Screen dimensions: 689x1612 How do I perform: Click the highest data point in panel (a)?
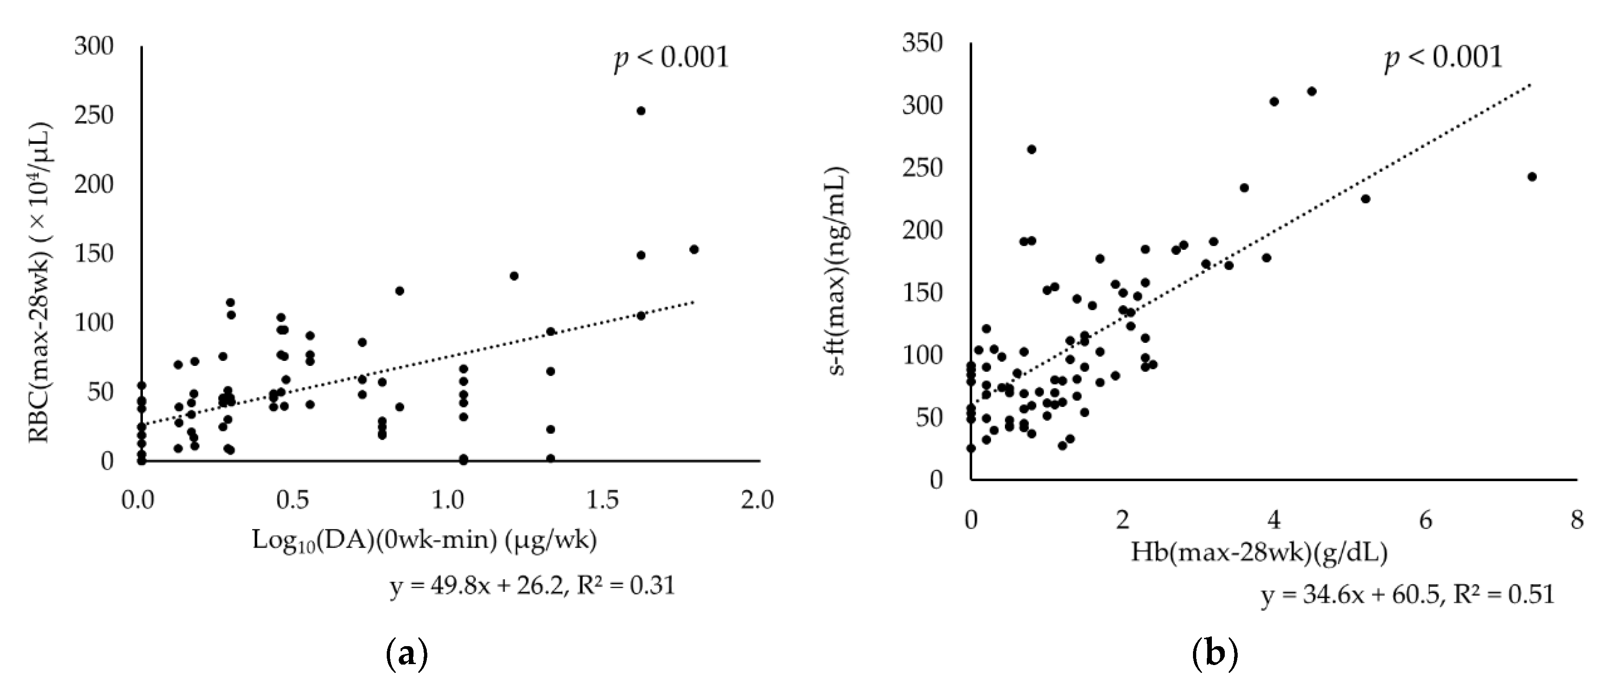pos(641,111)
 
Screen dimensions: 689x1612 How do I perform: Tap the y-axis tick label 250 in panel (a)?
pos(94,115)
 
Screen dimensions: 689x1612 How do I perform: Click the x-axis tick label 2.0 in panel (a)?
pos(757,500)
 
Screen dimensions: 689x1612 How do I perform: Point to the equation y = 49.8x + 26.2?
pos(532,586)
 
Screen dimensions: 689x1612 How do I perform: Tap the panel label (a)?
pos(407,655)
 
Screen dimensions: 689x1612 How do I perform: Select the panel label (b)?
pos(1215,655)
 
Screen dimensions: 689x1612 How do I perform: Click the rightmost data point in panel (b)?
pos(1532,177)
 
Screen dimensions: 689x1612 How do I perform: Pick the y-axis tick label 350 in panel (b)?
pos(922,43)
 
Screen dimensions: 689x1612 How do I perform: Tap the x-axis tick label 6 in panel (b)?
pos(1425,520)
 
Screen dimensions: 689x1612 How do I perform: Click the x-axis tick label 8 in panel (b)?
pos(1577,520)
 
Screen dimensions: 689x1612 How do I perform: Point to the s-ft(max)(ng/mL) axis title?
pos(837,271)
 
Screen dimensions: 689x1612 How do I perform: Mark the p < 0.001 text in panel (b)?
pos(1443,58)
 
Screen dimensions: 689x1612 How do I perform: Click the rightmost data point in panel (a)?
pos(693,249)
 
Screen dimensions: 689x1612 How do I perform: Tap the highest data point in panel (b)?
pos(1312,91)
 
